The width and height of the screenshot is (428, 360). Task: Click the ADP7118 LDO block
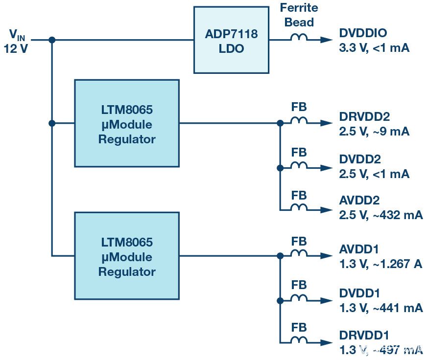click(231, 40)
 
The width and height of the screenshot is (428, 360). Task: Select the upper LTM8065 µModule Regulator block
click(126, 123)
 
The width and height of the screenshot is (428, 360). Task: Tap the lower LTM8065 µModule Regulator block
click(126, 256)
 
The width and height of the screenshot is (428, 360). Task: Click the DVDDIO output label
click(363, 33)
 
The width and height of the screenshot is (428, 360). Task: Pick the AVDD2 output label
click(359, 201)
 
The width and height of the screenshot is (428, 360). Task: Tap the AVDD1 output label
click(359, 249)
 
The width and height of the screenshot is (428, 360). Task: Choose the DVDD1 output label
click(359, 293)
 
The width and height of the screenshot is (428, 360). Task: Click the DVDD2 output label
click(359, 159)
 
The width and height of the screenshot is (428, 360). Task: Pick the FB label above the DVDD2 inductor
click(299, 153)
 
